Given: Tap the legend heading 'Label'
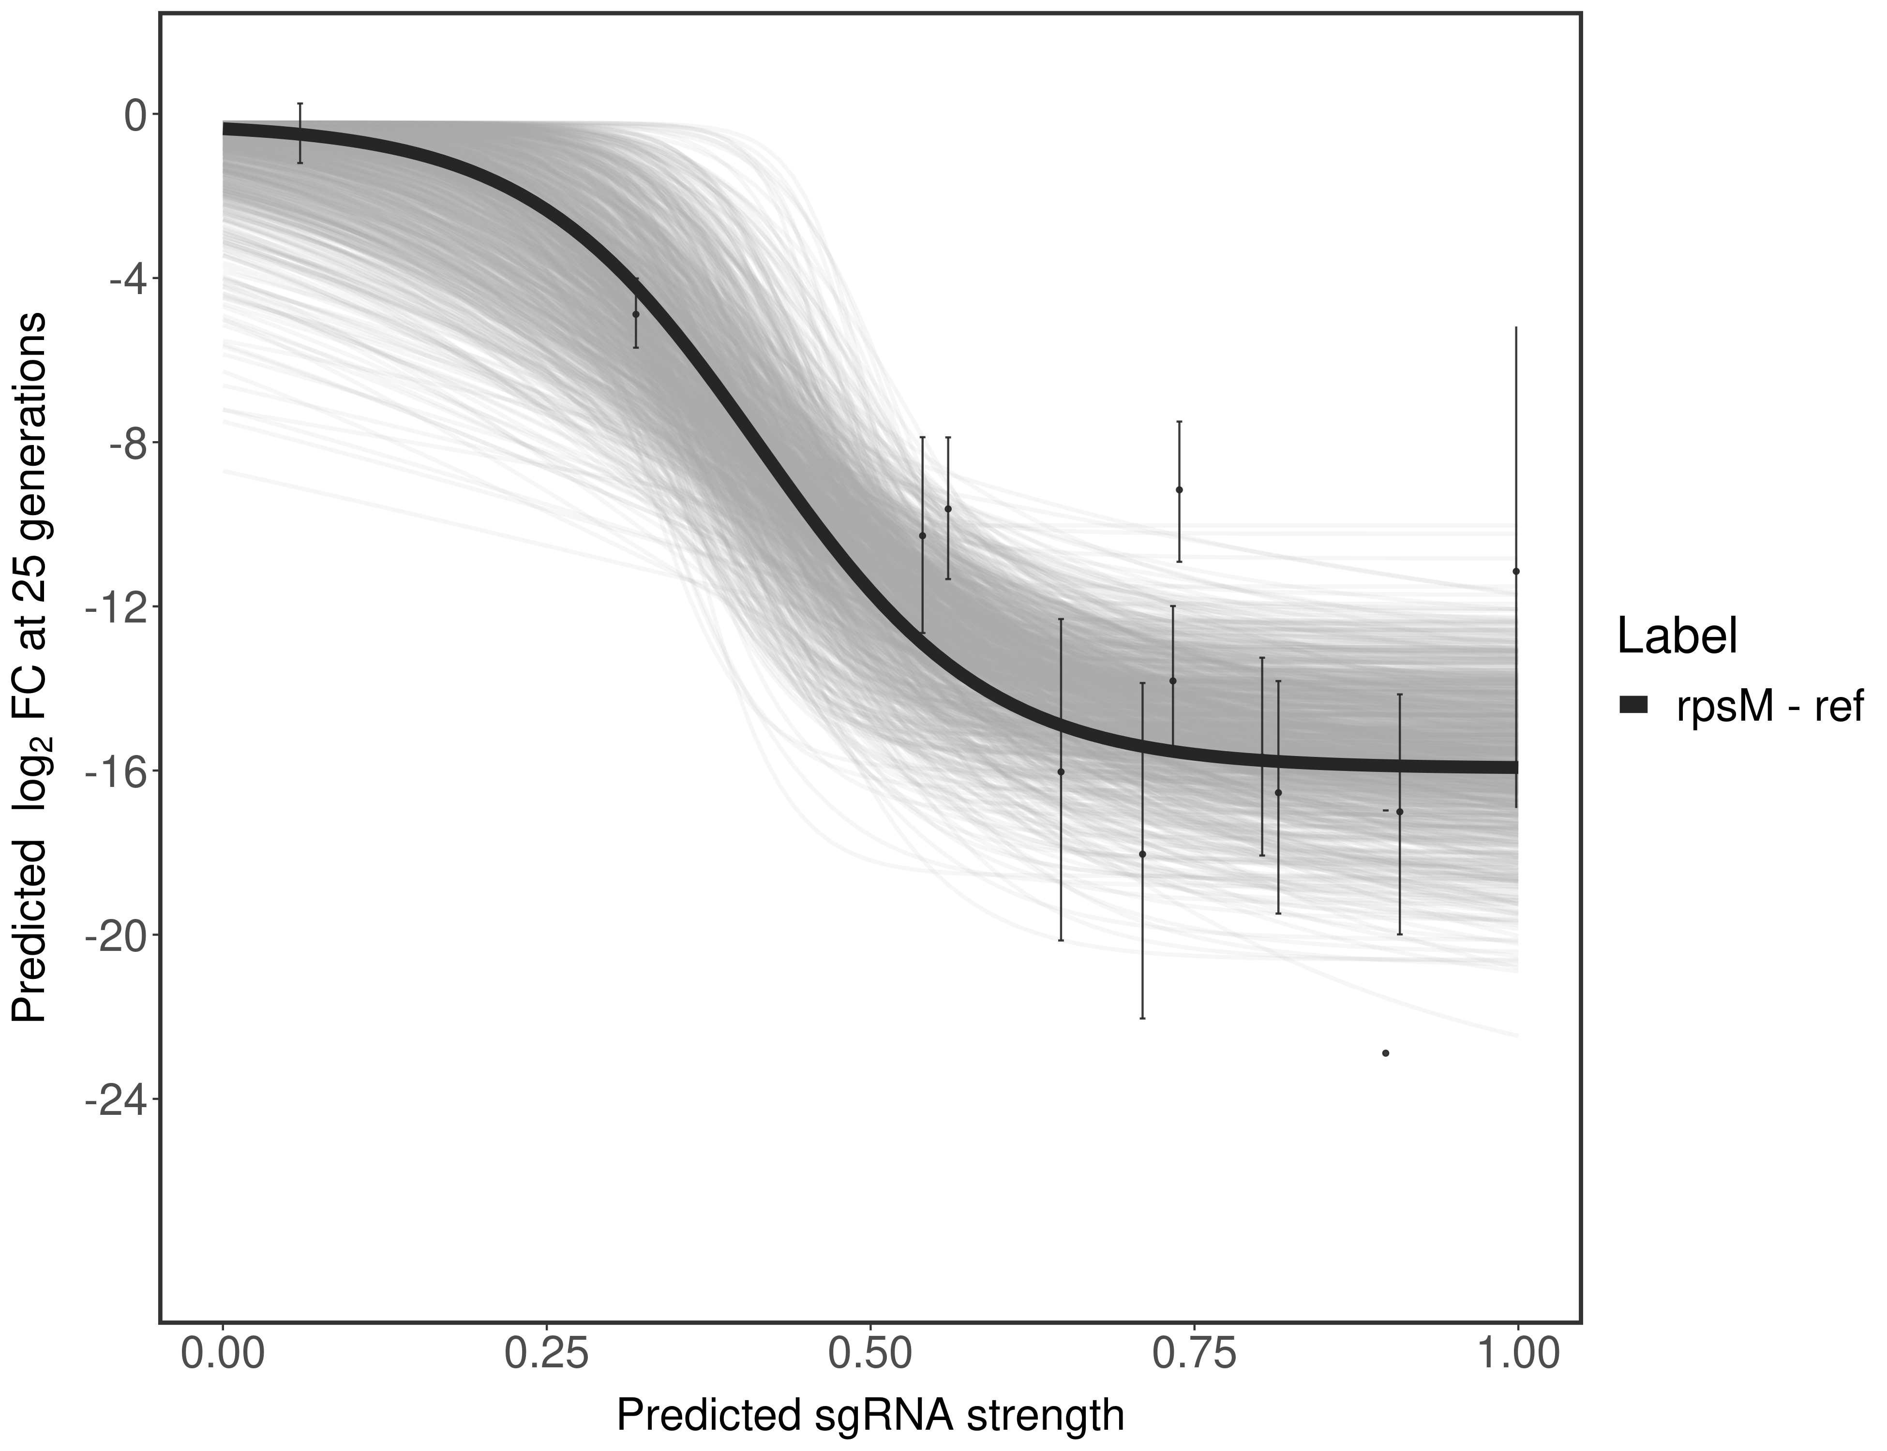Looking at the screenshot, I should pyautogui.click(x=1677, y=637).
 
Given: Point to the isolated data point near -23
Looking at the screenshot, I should pyautogui.click(x=1386, y=1053).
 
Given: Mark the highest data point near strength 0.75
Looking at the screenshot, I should pyautogui.click(x=1180, y=489).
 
